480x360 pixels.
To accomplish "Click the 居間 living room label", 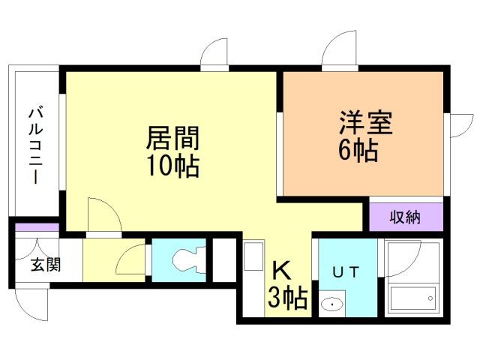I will (172, 139).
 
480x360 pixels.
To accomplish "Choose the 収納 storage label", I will (405, 217).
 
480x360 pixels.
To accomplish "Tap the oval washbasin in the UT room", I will (331, 304).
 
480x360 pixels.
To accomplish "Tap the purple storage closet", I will (405, 217).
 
